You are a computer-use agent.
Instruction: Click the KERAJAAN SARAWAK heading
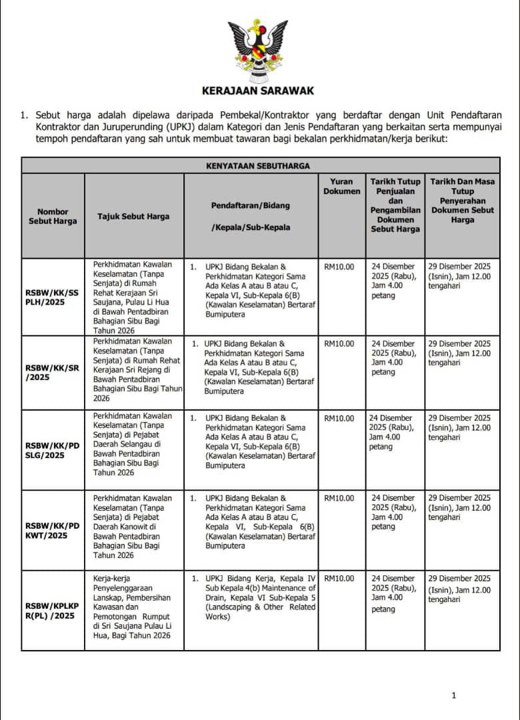coord(258,91)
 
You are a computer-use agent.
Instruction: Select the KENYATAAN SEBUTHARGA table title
coord(257,165)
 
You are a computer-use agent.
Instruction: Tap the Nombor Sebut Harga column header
coord(53,216)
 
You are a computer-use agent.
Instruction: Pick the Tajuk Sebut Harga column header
coord(133,216)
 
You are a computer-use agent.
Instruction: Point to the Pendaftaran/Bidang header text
coord(251,205)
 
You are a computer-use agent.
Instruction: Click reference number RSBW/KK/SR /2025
coord(53,372)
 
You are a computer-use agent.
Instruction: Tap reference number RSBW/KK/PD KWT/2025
coord(53,530)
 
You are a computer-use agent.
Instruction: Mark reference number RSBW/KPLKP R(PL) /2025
coord(53,611)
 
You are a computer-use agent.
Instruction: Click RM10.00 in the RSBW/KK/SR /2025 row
coord(339,344)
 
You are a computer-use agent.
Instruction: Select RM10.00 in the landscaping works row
coord(339,579)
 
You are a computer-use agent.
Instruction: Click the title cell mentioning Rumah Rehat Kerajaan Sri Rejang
coord(134,370)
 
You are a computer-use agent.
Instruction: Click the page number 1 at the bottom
coord(454,695)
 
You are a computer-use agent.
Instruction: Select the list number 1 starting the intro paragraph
coord(24,115)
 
